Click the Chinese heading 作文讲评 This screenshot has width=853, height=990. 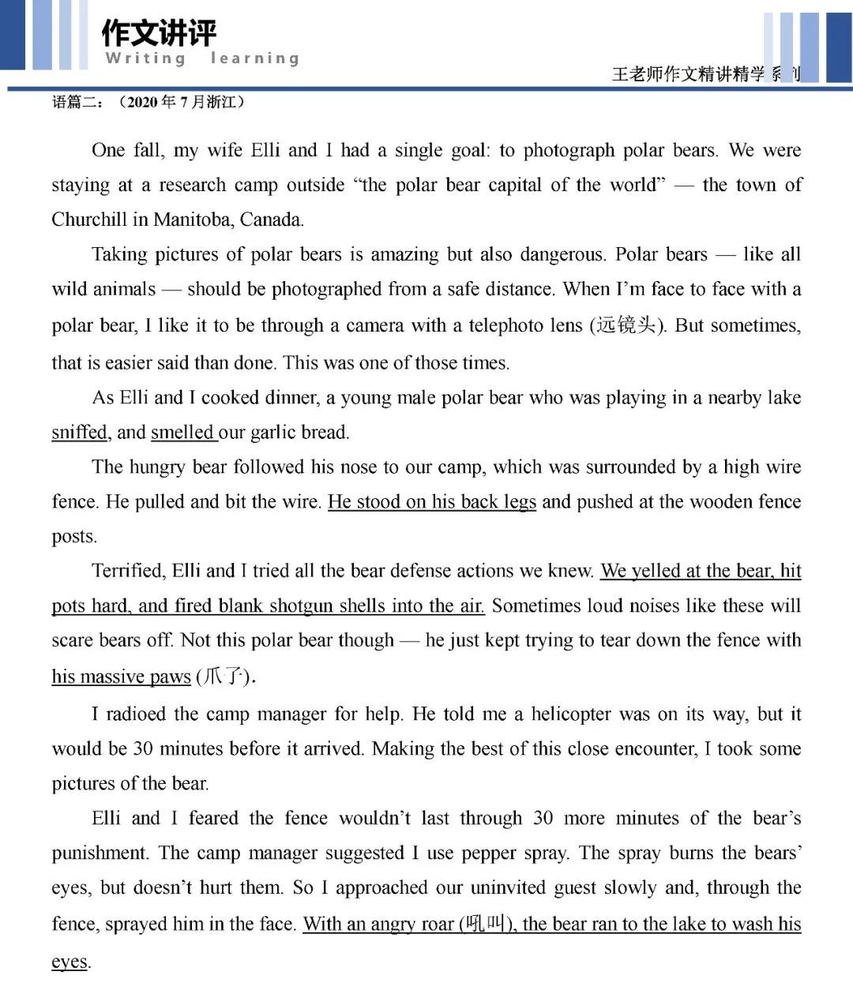tap(159, 33)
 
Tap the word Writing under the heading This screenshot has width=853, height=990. tap(145, 58)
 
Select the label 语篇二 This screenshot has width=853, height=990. tap(73, 103)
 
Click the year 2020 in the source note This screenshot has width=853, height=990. tap(142, 103)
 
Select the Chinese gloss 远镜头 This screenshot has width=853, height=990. tap(626, 325)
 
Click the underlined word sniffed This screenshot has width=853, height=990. tap(79, 433)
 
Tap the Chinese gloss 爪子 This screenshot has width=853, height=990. tap(224, 677)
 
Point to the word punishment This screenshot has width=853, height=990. tap(99, 853)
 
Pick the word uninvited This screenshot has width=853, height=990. tap(509, 888)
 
